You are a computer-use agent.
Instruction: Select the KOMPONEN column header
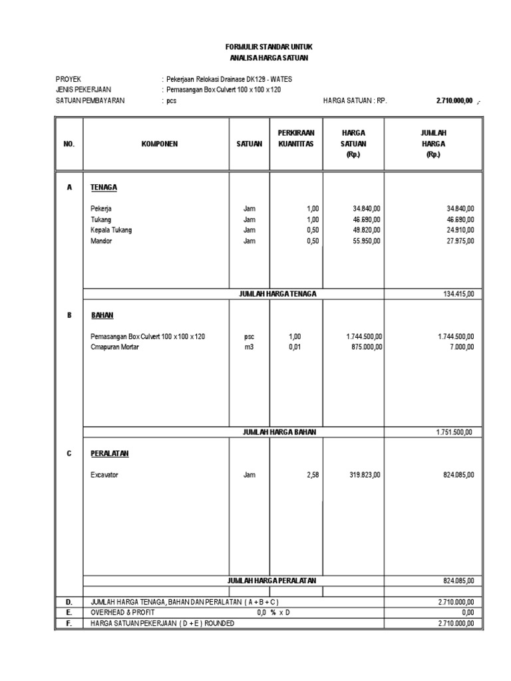[x=159, y=143]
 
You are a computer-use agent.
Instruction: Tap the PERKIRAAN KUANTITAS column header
[x=296, y=138]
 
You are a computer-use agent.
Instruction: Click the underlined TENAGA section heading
[x=104, y=188]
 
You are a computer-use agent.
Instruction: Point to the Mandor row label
[x=102, y=241]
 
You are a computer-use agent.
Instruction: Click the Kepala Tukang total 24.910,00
[x=460, y=230]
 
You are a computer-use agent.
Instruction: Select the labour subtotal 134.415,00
[x=458, y=294]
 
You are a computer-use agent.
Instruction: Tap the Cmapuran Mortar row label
[x=115, y=347]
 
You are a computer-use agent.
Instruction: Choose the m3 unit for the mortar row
[x=250, y=347]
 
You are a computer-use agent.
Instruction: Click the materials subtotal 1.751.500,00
[x=455, y=432]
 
